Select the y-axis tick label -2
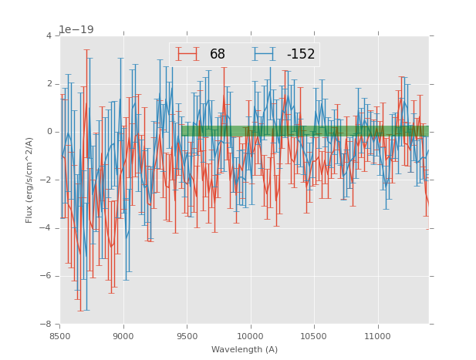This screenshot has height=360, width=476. pyautogui.click(x=47, y=180)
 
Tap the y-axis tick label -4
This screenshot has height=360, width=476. pyautogui.click(x=47, y=228)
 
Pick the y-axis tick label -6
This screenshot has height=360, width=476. pyautogui.click(x=47, y=276)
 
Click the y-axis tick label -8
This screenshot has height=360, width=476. pyautogui.click(x=47, y=325)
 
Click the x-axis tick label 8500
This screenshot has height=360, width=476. pyautogui.click(x=60, y=336)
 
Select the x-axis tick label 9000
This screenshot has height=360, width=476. pyautogui.click(x=123, y=336)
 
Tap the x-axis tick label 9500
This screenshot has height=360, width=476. pyautogui.click(x=187, y=336)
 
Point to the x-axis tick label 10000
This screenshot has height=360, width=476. pyautogui.click(x=250, y=336)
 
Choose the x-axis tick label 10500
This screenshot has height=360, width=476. pyautogui.click(x=314, y=336)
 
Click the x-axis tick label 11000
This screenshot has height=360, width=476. pyautogui.click(x=377, y=336)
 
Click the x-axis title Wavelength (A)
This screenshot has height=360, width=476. pyautogui.click(x=245, y=349)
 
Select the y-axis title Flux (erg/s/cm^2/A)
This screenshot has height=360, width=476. pyautogui.click(x=29, y=180)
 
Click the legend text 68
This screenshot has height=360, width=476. pyautogui.click(x=218, y=54)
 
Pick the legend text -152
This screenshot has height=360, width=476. pyautogui.click(x=301, y=54)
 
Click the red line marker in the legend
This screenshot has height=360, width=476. pyautogui.click(x=187, y=54)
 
